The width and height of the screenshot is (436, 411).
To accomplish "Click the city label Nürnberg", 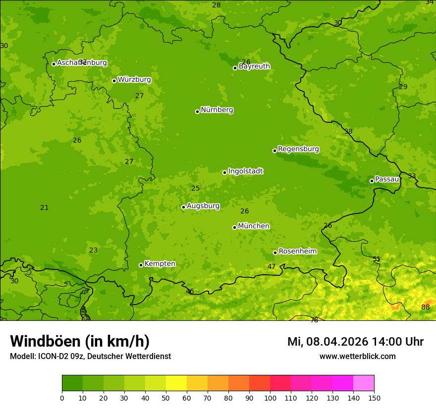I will [x=217, y=110].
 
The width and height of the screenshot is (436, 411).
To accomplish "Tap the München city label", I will [x=254, y=226].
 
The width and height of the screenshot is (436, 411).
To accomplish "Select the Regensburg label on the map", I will [x=298, y=149].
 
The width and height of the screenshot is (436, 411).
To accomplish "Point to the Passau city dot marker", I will [x=372, y=181].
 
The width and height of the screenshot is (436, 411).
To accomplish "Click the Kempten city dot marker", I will [x=141, y=265].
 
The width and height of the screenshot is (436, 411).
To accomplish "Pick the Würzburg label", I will [x=134, y=80].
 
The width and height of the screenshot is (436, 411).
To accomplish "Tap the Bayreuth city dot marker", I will [x=235, y=68].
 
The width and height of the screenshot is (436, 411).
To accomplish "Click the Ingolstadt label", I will [x=245, y=171].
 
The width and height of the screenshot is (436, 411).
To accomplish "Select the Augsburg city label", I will [x=203, y=206].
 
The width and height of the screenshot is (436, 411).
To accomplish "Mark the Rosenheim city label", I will [x=297, y=252].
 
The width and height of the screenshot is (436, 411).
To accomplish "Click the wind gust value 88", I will [x=426, y=307].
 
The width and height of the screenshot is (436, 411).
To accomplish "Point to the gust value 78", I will [x=314, y=320].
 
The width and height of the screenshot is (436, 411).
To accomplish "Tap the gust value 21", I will [x=45, y=207].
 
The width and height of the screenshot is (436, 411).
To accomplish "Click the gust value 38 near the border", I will [x=348, y=131].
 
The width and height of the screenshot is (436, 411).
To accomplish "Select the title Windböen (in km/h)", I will [x=80, y=341].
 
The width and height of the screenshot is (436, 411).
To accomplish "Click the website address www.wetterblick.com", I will [x=357, y=357].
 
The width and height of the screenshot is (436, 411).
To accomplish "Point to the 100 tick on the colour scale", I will [x=270, y=398].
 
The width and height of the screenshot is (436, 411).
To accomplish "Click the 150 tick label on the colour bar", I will [x=374, y=398].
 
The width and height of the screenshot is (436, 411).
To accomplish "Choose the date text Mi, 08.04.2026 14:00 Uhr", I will [x=355, y=342].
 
